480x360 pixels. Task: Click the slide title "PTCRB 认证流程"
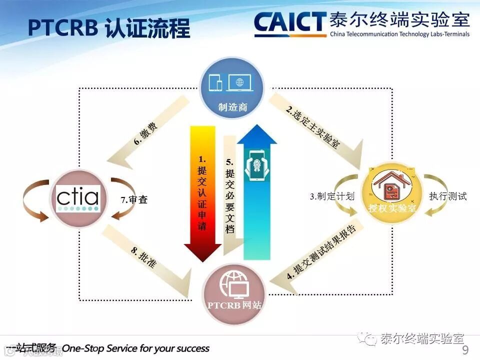(109, 28)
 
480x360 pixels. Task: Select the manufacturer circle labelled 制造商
(233, 88)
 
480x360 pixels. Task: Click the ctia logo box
(77, 199)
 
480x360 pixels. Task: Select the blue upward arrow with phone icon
(256, 190)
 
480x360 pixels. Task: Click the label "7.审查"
(134, 200)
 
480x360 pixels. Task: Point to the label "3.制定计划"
(332, 196)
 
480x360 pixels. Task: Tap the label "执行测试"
(447, 196)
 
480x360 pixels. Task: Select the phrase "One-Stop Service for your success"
(136, 348)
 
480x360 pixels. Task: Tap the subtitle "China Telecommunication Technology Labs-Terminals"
(399, 34)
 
